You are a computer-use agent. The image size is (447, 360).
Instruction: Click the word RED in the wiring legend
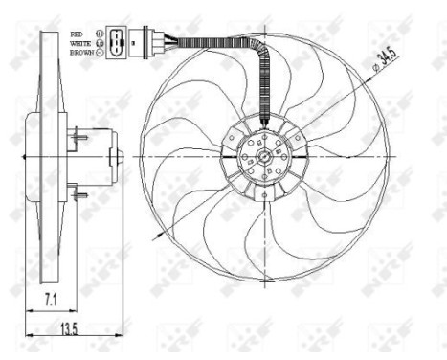click(77, 34)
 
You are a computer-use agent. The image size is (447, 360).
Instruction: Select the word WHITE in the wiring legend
click(79, 44)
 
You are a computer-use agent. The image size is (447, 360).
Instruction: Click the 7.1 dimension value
click(46, 301)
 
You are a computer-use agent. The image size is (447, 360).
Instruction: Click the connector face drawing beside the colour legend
click(117, 44)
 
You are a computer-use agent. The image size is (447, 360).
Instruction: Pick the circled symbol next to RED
click(99, 34)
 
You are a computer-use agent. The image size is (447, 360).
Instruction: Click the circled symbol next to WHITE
click(99, 44)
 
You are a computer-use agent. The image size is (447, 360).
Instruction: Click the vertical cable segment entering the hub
click(266, 96)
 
